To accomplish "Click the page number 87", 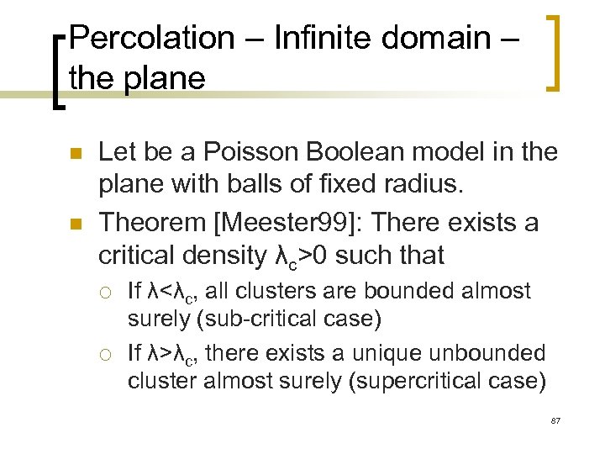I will point(555,419).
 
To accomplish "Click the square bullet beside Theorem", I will point(74,223).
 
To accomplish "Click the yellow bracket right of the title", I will point(555,52).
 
